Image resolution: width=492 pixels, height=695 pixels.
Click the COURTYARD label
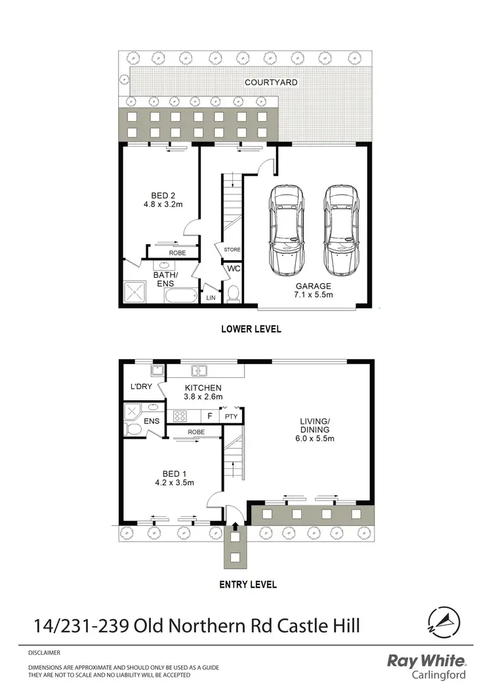tap(271, 83)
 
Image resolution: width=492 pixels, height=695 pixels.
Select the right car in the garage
tap(339, 231)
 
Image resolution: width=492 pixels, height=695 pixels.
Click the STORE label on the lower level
tap(232, 250)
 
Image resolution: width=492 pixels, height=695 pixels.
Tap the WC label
tap(233, 269)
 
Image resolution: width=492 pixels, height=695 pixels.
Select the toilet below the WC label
tap(233, 295)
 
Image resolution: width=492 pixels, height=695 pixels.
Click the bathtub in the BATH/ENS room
tap(179, 297)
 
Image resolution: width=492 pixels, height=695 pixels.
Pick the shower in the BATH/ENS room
tap(136, 293)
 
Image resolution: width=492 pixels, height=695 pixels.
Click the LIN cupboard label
tap(211, 297)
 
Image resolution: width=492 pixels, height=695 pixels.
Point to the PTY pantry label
tap(231, 416)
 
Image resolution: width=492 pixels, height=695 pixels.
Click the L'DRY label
tap(141, 387)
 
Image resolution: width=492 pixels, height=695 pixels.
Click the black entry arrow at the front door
tap(235, 521)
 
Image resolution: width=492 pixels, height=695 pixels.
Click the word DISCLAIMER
tap(44, 653)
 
